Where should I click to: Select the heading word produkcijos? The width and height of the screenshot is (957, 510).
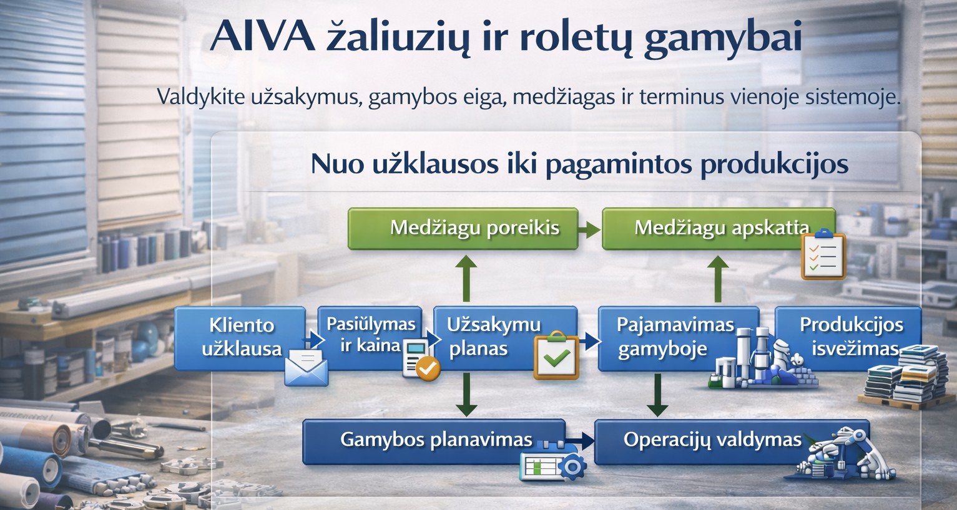pos(774,165)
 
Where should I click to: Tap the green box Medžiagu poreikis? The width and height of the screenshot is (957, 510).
pos(463,229)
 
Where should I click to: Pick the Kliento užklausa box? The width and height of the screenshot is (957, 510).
pos(240,338)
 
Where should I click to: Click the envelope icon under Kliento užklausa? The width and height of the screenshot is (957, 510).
pos(306,367)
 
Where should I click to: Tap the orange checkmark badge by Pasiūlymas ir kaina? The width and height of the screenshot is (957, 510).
pos(428,368)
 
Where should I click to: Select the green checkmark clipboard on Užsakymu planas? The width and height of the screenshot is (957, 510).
pos(556,355)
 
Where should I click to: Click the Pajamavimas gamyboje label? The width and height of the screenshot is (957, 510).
pos(675,337)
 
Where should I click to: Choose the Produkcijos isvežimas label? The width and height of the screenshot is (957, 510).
pos(852,337)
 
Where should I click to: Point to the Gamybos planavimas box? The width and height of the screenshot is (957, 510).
pos(434,441)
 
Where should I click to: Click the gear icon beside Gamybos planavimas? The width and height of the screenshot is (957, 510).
pos(572,467)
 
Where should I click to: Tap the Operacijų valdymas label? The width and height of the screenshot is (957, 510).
pos(712,440)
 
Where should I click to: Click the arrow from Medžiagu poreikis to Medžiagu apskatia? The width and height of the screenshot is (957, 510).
pos(589,229)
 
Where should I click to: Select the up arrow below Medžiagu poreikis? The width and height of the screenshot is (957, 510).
pos(466,278)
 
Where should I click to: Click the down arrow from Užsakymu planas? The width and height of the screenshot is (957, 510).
pos(466,394)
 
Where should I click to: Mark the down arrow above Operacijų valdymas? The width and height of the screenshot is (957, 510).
pos(657,395)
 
